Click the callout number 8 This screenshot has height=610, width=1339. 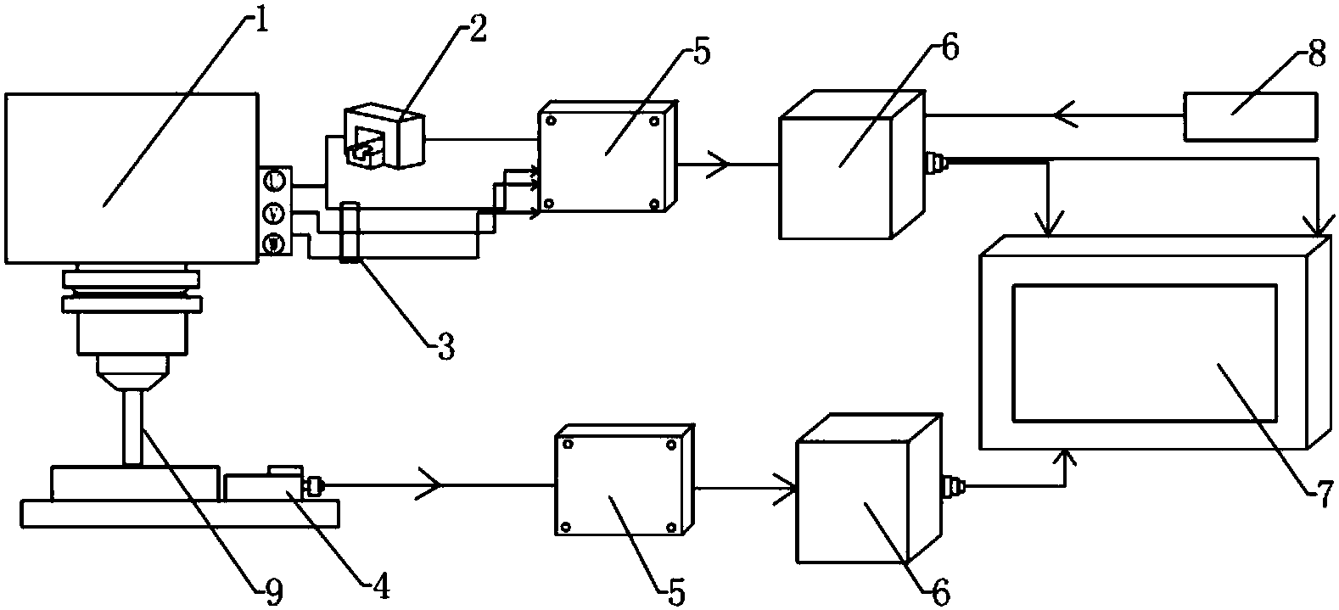coord(1316,57)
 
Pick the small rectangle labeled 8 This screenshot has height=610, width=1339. coord(1250,117)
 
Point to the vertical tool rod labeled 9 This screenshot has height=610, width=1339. coord(132,425)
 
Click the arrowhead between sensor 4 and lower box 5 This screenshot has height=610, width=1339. coord(429,485)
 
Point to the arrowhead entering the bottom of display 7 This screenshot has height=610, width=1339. coord(1066,459)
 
